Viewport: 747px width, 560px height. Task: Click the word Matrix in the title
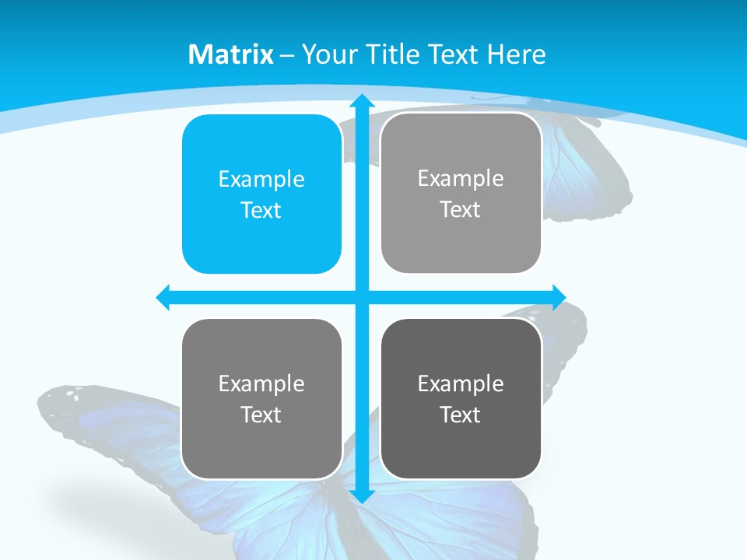click(x=231, y=54)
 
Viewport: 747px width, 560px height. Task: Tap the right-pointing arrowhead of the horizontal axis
click(x=559, y=297)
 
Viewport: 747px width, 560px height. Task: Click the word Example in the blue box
click(x=261, y=180)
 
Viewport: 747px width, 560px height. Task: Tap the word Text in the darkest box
click(x=460, y=415)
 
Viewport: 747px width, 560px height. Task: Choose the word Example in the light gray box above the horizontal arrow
click(x=461, y=179)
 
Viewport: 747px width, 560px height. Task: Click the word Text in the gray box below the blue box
click(x=261, y=415)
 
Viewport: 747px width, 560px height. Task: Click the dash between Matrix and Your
click(x=287, y=55)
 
